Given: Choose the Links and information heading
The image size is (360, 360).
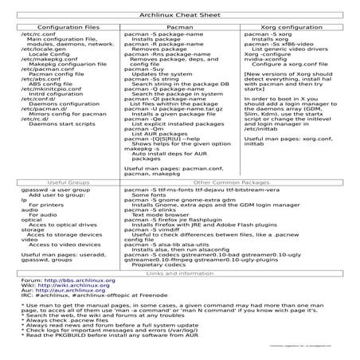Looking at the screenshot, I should click(179, 295).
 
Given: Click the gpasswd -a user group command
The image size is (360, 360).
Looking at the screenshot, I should click(54, 213).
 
